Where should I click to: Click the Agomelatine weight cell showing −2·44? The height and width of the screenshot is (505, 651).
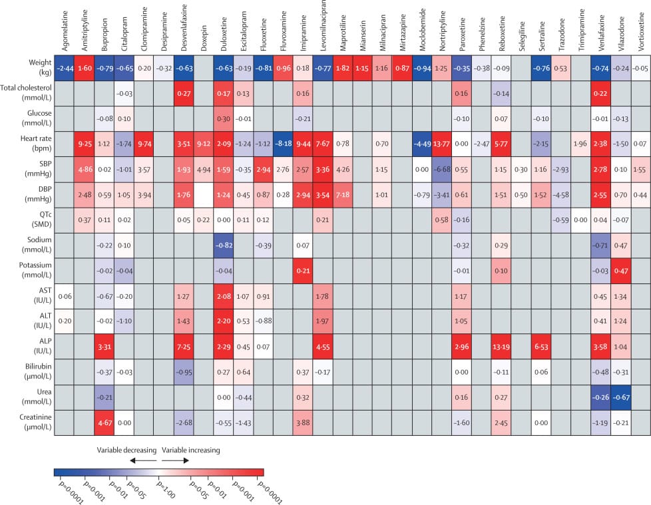coord(65,68)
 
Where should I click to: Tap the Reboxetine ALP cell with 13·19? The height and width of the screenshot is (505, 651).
coord(503,346)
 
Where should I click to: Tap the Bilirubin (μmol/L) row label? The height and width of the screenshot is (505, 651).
coord(27,371)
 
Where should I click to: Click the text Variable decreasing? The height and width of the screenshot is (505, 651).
coord(128,450)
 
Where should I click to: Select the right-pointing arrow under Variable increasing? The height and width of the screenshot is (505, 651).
coord(174,460)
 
